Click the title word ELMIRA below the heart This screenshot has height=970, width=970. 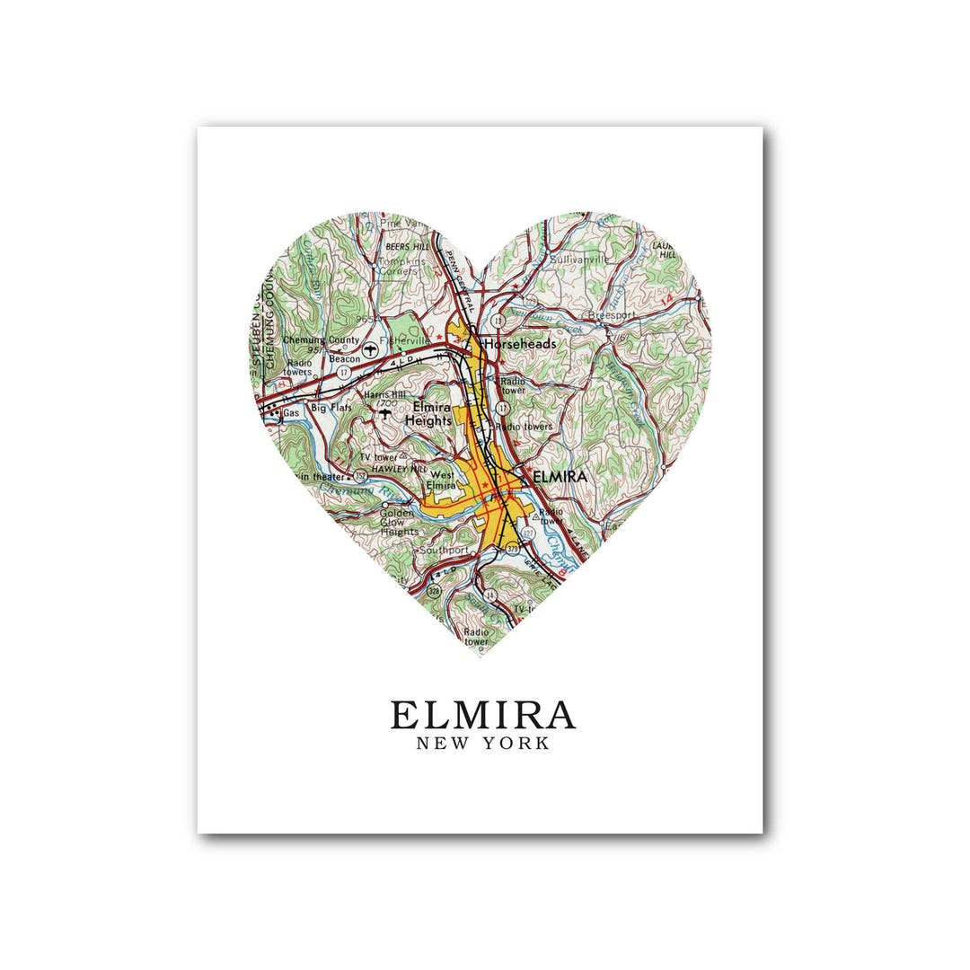tap(482, 715)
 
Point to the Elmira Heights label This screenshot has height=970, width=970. tap(428, 413)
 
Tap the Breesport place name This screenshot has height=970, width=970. tap(611, 315)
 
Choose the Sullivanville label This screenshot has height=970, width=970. tap(579, 259)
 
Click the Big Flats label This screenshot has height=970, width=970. tap(331, 408)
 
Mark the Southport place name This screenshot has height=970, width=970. tap(444, 549)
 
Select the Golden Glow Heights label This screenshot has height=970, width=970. tap(399, 522)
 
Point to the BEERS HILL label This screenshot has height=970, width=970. tap(407, 245)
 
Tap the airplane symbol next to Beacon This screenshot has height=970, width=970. tap(368, 346)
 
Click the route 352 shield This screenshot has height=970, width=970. tap(360, 475)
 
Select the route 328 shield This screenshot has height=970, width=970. tap(433, 593)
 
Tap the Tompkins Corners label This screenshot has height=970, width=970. tap(398, 265)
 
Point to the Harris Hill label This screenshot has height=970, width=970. tap(384, 394)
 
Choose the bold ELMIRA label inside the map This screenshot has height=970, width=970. tap(559, 476)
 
